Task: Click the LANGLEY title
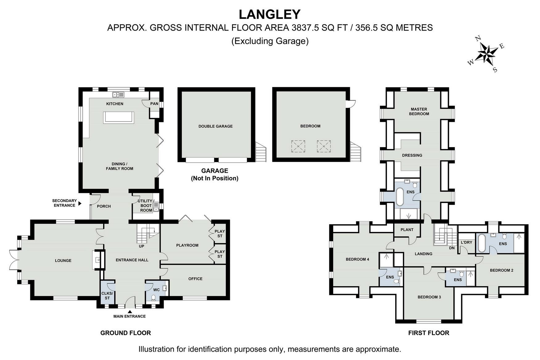(270, 14)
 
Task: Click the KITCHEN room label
(115, 104)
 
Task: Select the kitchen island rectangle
(119, 118)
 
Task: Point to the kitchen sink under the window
(118, 95)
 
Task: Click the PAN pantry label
(154, 104)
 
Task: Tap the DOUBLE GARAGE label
(215, 126)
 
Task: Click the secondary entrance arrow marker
(80, 203)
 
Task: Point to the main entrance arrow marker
(130, 312)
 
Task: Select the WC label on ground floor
(156, 290)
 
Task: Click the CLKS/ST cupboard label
(107, 296)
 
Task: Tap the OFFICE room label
(195, 279)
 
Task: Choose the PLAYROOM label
(187, 245)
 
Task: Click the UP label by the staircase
(141, 246)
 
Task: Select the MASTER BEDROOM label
(419, 111)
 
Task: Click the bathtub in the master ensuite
(400, 197)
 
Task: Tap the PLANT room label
(407, 230)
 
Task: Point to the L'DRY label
(467, 242)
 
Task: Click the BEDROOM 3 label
(429, 297)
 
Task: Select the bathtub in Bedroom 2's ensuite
(482, 243)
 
